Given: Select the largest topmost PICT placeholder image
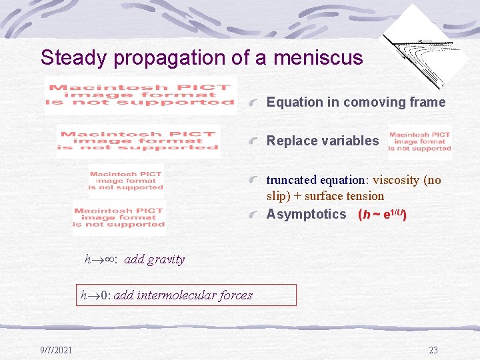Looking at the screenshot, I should pyautogui.click(x=141, y=95).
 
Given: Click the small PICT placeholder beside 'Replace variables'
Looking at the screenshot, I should pyautogui.click(x=420, y=141).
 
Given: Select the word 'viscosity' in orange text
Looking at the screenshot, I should pyautogui.click(x=397, y=180).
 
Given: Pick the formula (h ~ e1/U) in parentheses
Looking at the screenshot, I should pyautogui.click(x=383, y=214).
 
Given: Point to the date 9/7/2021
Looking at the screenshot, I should pyautogui.click(x=56, y=349).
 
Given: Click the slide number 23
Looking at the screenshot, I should pyautogui.click(x=433, y=350).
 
